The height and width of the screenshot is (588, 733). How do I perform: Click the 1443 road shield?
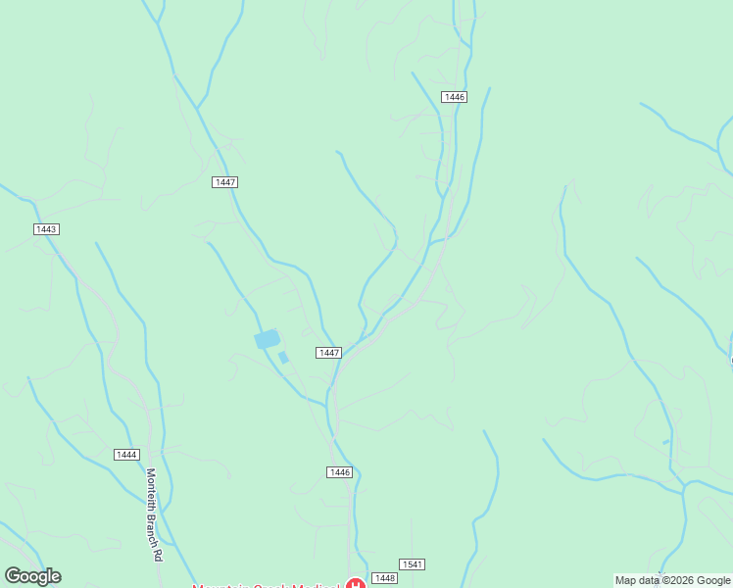coord(46,229)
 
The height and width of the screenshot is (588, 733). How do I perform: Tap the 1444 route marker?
coord(126,455)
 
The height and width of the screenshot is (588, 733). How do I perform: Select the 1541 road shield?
coord(413,564)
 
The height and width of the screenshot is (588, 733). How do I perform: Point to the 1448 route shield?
coord(384,579)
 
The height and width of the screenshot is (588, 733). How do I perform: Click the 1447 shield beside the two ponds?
coord(328,353)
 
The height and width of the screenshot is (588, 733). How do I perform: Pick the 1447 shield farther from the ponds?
coord(225,182)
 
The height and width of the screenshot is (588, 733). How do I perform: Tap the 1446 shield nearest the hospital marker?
coord(339,472)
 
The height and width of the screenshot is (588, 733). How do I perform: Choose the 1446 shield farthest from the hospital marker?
coord(454,97)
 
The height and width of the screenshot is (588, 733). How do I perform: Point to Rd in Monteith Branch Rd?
coord(156,553)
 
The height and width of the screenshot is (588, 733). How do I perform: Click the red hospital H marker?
coord(357,585)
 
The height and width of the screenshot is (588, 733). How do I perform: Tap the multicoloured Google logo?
coord(32,576)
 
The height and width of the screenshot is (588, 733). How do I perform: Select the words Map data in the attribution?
coord(636,581)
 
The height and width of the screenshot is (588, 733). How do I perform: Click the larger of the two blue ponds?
coord(267,339)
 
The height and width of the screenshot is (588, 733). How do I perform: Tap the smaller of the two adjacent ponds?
coord(283,358)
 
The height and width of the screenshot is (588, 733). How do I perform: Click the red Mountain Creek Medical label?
coord(265,586)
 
